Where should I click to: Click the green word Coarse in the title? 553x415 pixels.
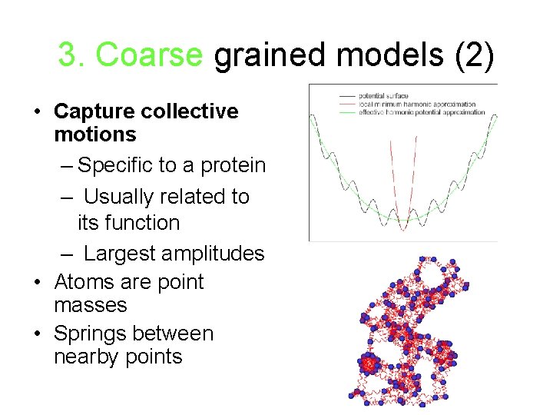click(x=150, y=55)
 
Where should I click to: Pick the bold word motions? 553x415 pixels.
click(x=94, y=134)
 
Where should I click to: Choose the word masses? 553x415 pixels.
click(x=91, y=305)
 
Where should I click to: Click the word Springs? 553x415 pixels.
click(x=90, y=334)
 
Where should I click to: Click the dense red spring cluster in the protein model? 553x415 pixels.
click(x=369, y=364)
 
